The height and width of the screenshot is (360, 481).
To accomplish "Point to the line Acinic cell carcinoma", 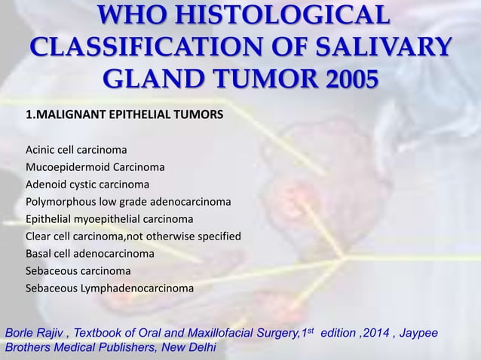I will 76,148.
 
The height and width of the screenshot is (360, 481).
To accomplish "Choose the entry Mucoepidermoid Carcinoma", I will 96,166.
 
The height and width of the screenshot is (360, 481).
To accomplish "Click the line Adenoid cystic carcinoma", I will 87,184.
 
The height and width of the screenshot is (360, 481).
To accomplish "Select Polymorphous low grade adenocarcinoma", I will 128,202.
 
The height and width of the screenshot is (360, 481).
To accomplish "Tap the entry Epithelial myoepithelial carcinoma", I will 109,219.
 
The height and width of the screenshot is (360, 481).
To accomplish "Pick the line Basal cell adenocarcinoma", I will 90,254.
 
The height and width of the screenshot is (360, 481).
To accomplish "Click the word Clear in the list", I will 39,236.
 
